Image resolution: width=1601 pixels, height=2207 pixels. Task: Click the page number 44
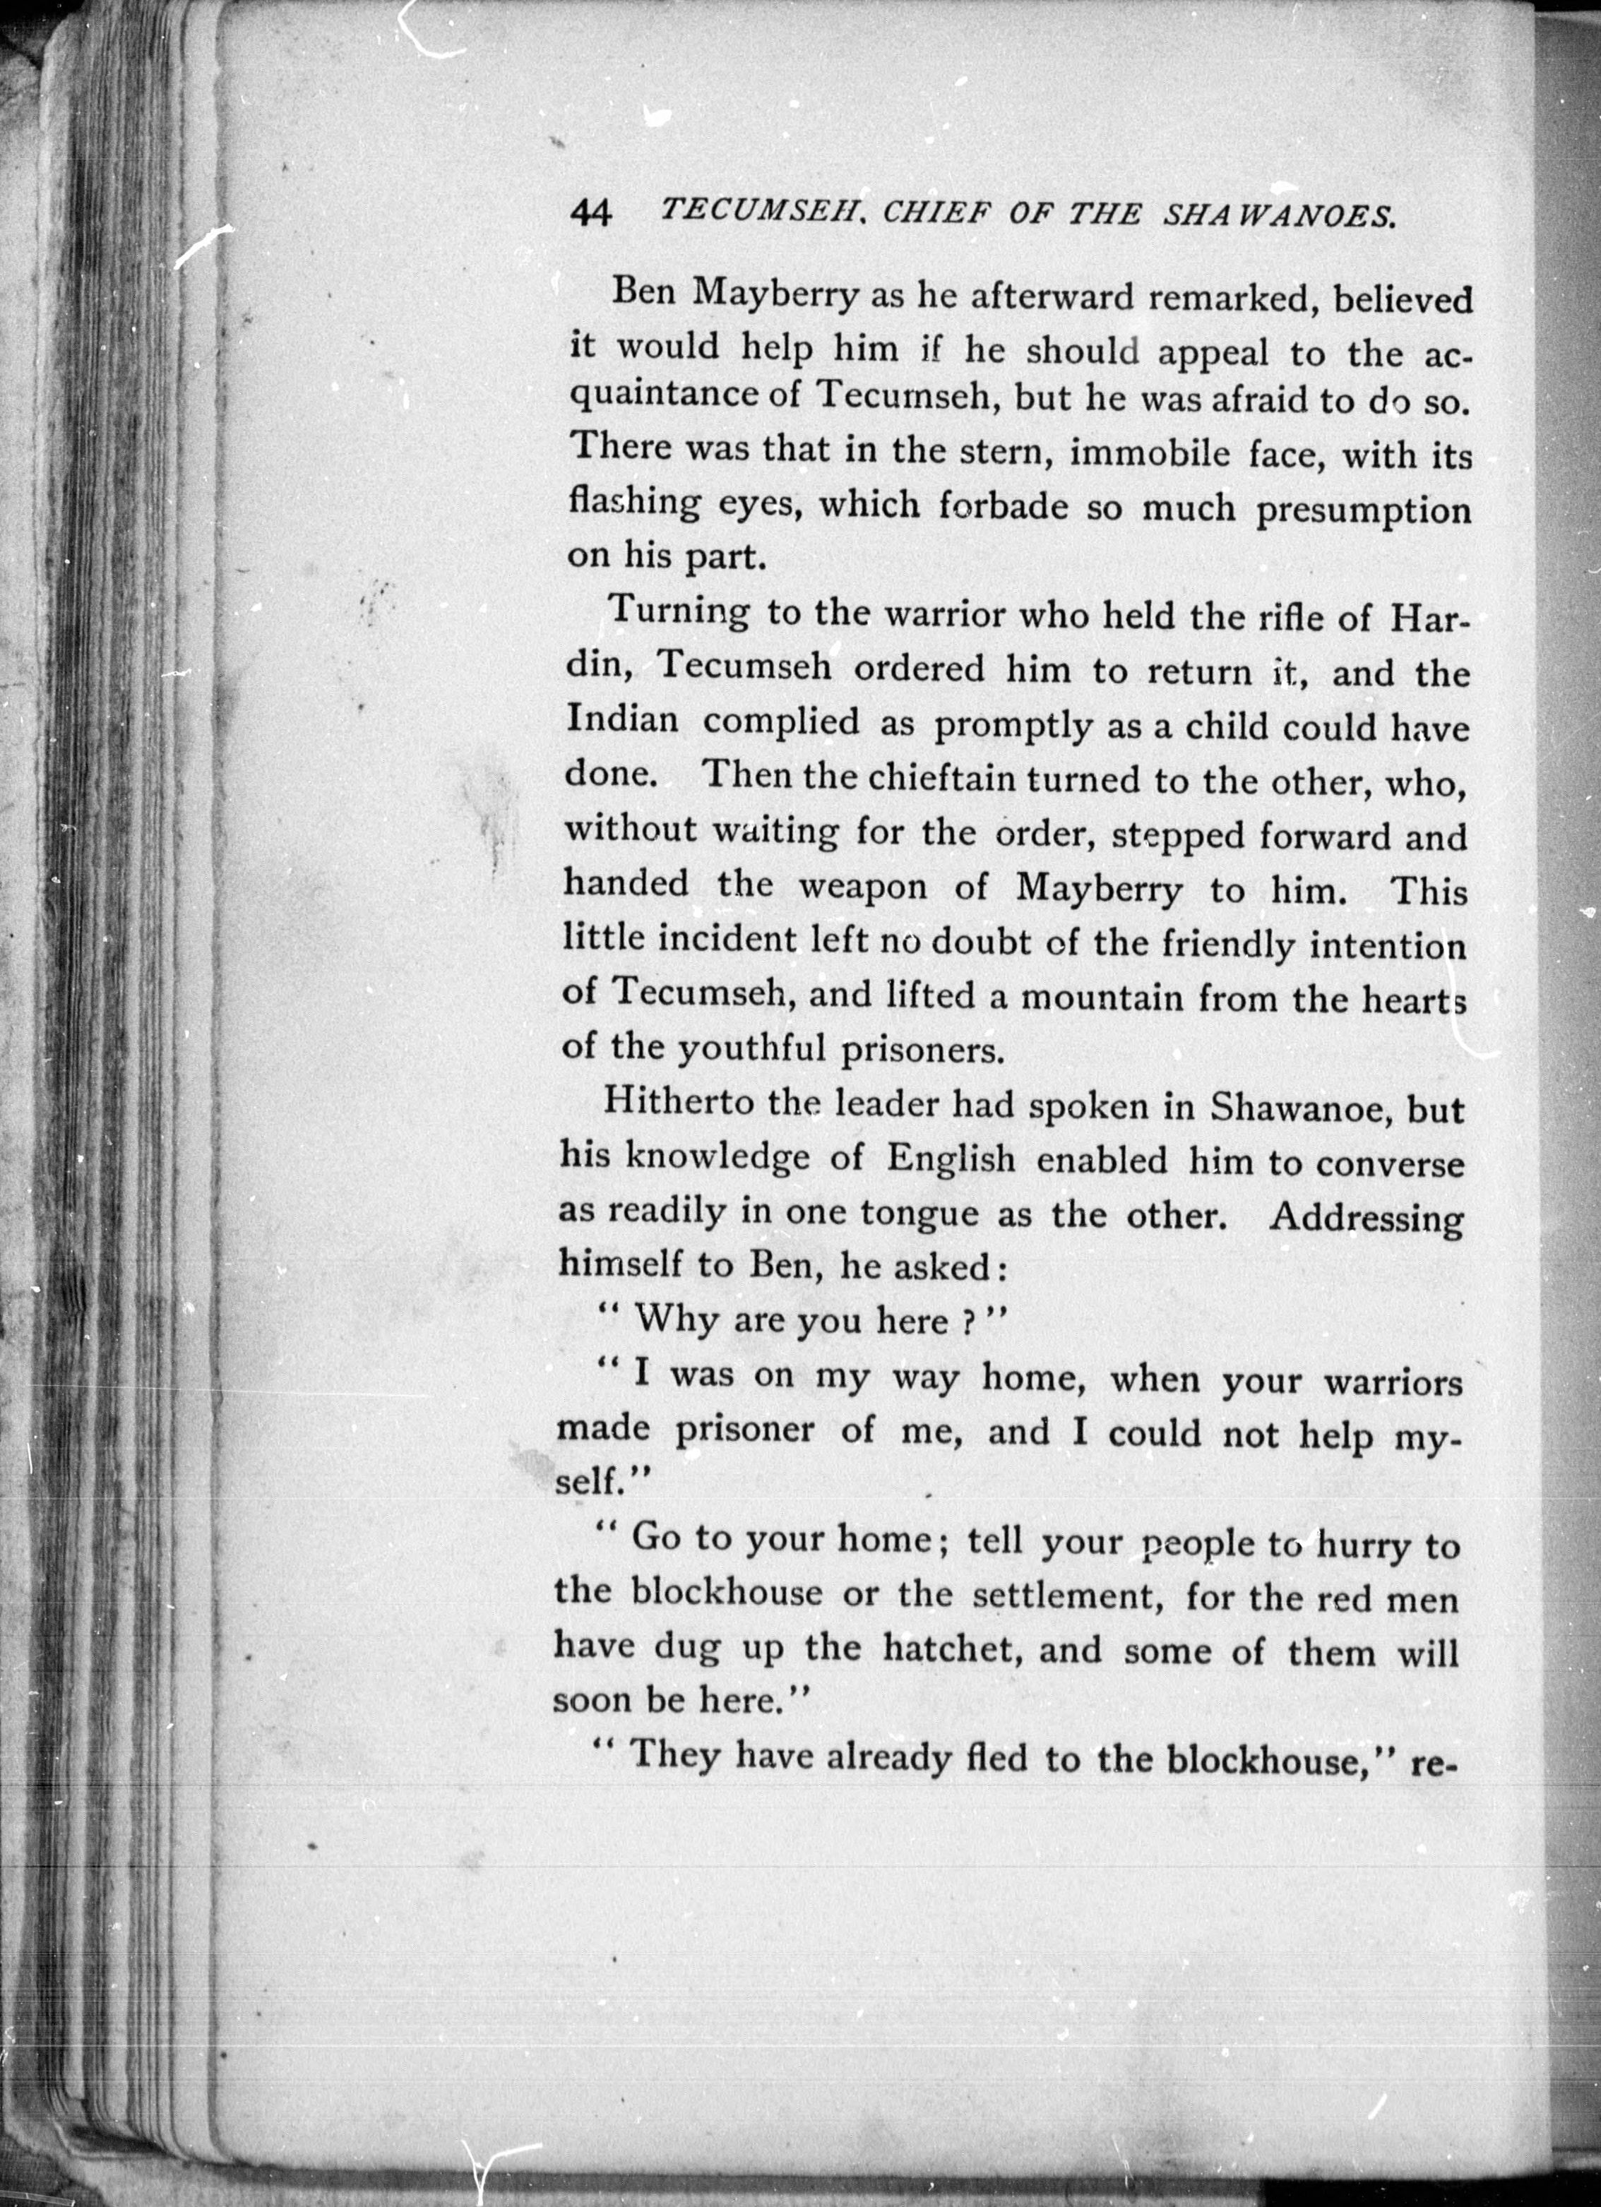[591, 211]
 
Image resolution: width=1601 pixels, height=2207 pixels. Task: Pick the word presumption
[1362, 512]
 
